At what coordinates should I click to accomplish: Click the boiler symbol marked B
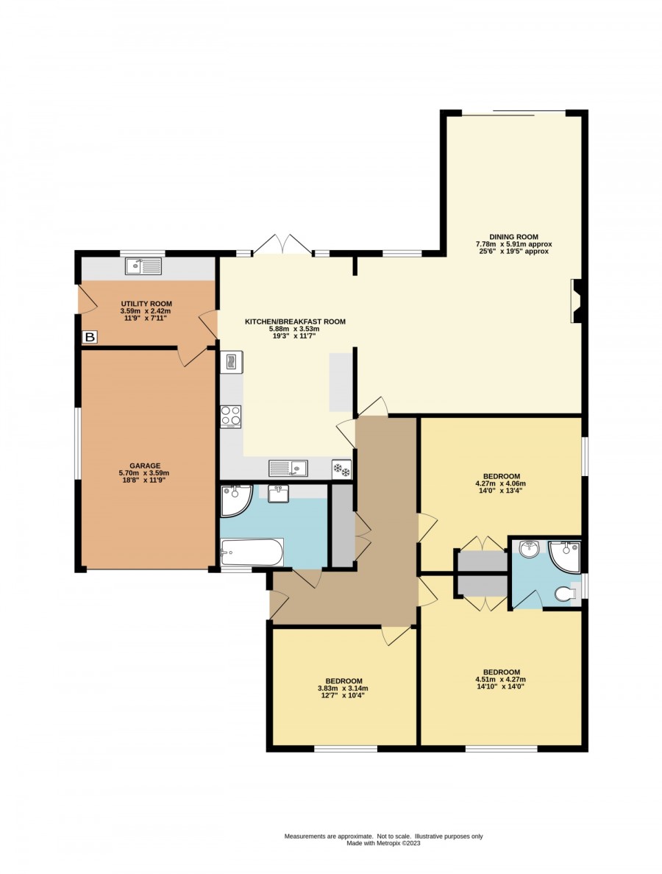(x=90, y=337)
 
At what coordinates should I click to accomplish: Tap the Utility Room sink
(x=143, y=266)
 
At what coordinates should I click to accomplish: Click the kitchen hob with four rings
(x=231, y=416)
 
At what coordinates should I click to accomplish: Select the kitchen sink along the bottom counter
(x=288, y=468)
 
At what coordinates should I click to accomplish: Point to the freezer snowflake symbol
(x=341, y=469)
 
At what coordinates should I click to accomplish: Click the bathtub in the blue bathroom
(x=252, y=552)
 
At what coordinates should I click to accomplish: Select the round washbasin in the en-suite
(x=528, y=549)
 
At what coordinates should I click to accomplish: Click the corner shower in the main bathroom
(x=236, y=500)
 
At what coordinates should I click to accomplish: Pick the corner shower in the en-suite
(x=564, y=555)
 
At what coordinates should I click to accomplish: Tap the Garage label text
(x=145, y=466)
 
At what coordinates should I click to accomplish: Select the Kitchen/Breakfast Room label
(x=296, y=321)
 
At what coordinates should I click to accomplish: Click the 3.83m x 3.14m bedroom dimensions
(x=343, y=689)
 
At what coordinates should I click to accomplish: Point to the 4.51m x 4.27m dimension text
(x=500, y=680)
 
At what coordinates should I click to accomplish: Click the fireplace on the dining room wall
(x=576, y=301)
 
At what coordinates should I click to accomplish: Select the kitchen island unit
(x=341, y=382)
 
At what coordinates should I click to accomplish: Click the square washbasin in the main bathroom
(x=278, y=494)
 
